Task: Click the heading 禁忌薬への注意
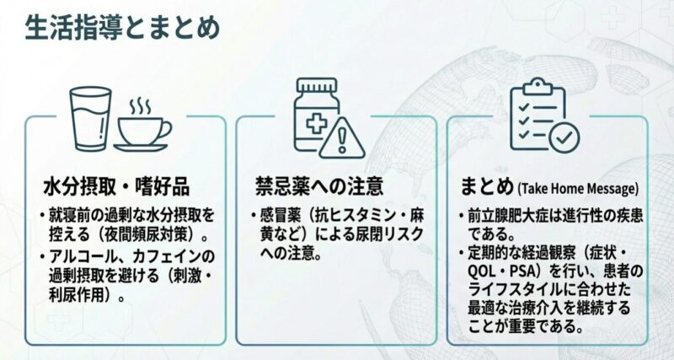coord(319,185)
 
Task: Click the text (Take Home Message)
coord(578,186)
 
